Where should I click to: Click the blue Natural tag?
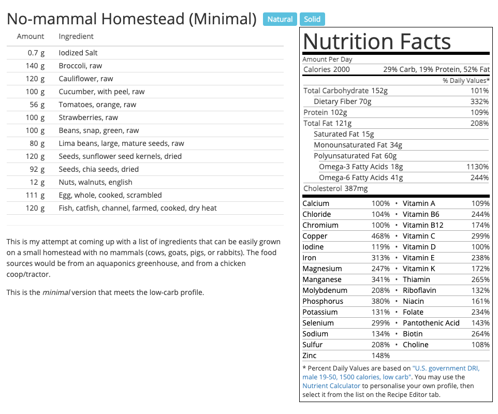click(x=280, y=20)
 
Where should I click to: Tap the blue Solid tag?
click(x=312, y=20)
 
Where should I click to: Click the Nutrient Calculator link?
click(x=331, y=386)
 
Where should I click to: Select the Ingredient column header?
click(x=76, y=36)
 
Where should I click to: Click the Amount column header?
click(x=31, y=36)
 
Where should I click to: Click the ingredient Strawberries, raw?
click(x=88, y=117)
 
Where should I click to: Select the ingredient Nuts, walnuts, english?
click(x=95, y=182)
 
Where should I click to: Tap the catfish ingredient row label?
click(x=138, y=208)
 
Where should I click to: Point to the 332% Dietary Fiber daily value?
click(x=479, y=101)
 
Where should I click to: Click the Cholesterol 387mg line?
click(x=335, y=188)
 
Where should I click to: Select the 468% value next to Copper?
click(x=380, y=236)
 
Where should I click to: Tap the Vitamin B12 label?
click(x=423, y=225)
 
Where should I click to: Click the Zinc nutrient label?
click(x=310, y=356)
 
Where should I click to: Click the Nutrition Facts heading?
click(x=377, y=41)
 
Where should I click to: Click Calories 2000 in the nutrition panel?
click(x=327, y=69)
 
